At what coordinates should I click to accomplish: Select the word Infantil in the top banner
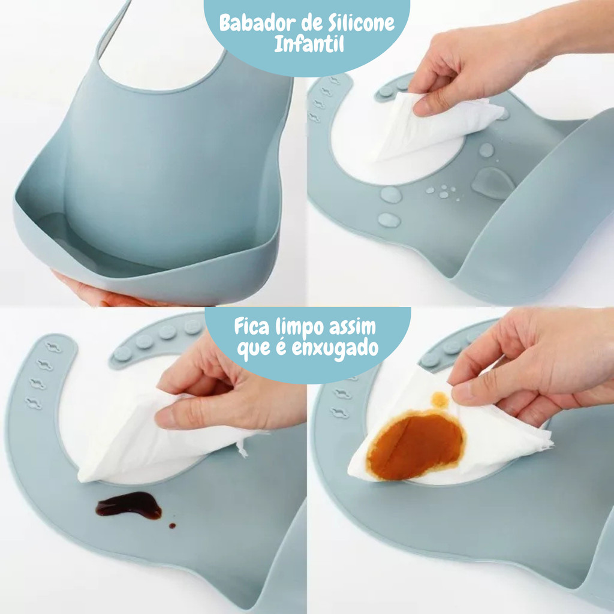pos(309,44)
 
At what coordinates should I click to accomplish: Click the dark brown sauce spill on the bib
pos(129,505)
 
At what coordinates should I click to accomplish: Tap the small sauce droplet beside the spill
pos(172,525)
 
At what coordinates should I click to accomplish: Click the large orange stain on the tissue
pos(416,446)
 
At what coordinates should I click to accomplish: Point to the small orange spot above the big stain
pos(440,400)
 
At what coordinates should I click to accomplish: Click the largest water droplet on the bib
pos(493,183)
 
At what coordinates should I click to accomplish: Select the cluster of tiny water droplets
pos(444,192)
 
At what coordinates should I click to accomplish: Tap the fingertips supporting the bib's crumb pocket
pos(98,292)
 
